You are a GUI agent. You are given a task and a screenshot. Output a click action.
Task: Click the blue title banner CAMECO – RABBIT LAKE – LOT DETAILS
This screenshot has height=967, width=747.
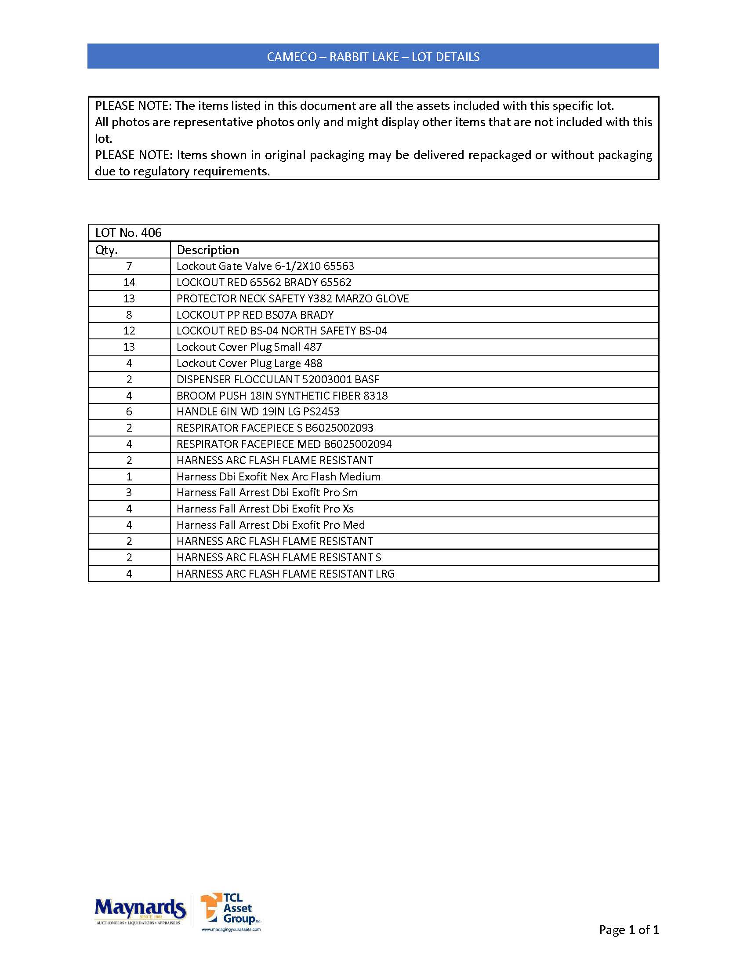pos(373,57)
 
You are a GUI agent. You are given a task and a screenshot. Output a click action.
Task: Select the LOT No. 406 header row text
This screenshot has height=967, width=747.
pos(128,233)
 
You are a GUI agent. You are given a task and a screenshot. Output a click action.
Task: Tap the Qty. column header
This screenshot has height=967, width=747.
pos(107,250)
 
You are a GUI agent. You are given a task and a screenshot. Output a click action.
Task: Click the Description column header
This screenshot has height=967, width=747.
pos(208,250)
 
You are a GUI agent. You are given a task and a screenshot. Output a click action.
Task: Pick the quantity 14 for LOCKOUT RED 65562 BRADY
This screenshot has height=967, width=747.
pos(129,283)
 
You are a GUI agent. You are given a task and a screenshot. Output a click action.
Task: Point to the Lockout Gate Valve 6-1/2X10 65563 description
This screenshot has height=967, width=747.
pos(265,266)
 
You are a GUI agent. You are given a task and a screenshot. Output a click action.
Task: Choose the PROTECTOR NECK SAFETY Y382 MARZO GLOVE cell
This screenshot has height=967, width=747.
pos(293,299)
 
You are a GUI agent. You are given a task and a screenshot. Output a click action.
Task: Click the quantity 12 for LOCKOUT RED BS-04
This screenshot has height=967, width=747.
pos(129,331)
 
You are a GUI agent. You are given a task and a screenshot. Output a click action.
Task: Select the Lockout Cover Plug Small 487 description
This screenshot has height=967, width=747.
pos(249,347)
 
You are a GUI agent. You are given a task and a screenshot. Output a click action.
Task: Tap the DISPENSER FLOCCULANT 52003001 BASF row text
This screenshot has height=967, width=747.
pos(277,379)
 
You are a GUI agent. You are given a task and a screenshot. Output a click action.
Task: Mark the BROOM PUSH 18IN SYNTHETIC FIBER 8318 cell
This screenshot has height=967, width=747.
pos(282,396)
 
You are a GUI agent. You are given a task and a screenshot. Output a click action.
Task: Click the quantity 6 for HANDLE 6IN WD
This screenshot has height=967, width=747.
pos(129,412)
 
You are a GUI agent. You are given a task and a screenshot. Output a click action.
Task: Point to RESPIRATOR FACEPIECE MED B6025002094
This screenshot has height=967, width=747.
pos(284,444)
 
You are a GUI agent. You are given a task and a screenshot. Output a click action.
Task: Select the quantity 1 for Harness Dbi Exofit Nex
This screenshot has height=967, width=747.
pos(129,477)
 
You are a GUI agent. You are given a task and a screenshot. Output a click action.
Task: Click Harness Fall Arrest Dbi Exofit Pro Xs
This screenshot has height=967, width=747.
pos(265,509)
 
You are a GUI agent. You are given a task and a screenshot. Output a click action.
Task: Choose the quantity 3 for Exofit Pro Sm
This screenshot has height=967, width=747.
pos(129,493)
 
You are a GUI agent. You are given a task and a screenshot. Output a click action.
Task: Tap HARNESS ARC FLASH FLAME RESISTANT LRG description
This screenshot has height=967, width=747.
pos(286,574)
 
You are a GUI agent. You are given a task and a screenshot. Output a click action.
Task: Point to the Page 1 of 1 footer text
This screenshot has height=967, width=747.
pos(629,930)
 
